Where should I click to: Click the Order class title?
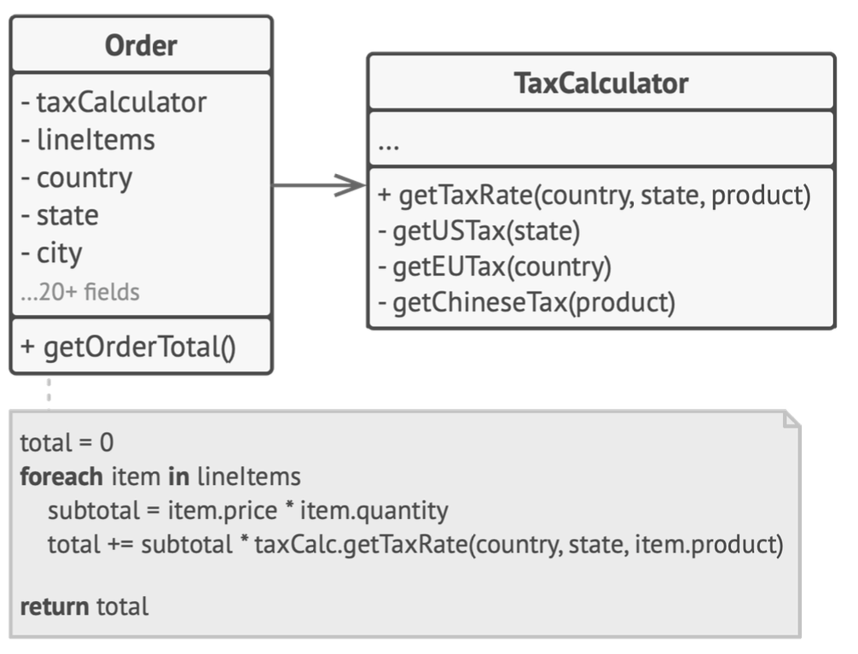[x=141, y=45]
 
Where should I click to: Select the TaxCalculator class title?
[x=600, y=84]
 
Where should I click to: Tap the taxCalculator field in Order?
[x=113, y=102]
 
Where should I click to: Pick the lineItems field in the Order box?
[x=88, y=140]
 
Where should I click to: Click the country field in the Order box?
[x=77, y=178]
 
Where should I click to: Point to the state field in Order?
[x=60, y=215]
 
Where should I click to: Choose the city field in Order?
[x=51, y=254]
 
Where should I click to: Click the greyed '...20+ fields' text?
[x=80, y=292]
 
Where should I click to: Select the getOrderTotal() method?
[x=128, y=347]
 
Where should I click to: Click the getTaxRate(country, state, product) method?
[x=594, y=196]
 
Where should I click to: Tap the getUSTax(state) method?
[x=478, y=231]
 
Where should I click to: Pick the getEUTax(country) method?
[x=495, y=267]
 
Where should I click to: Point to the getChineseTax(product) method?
[x=526, y=303]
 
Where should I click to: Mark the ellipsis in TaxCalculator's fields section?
[x=389, y=146]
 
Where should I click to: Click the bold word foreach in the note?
[x=61, y=476]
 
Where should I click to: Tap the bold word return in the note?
[x=55, y=607]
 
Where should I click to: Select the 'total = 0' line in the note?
[x=67, y=442]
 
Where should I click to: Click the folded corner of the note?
[x=791, y=420]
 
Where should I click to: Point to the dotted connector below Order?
[x=49, y=393]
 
